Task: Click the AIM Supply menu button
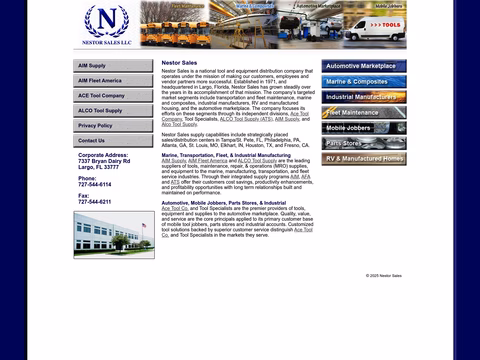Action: [x=114, y=65]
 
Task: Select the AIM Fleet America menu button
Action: [x=114, y=80]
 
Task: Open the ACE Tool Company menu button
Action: [x=114, y=95]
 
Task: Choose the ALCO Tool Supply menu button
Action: [x=114, y=110]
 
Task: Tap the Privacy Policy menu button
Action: [x=114, y=125]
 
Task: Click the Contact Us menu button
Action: [x=114, y=140]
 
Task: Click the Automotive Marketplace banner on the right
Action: [x=364, y=67]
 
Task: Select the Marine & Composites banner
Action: [x=364, y=82]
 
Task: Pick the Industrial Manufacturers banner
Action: [x=364, y=97]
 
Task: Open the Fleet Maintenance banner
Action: [x=364, y=113]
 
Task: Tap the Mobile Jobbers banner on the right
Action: [x=364, y=128]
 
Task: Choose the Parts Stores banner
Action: [x=364, y=143]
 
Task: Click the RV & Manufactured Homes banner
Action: [x=364, y=159]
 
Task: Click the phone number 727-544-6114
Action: [x=95, y=184]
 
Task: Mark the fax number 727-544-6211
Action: [x=95, y=201]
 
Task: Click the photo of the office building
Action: [x=113, y=234]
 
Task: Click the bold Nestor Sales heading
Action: [x=178, y=63]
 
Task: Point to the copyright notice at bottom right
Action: [x=384, y=275]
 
